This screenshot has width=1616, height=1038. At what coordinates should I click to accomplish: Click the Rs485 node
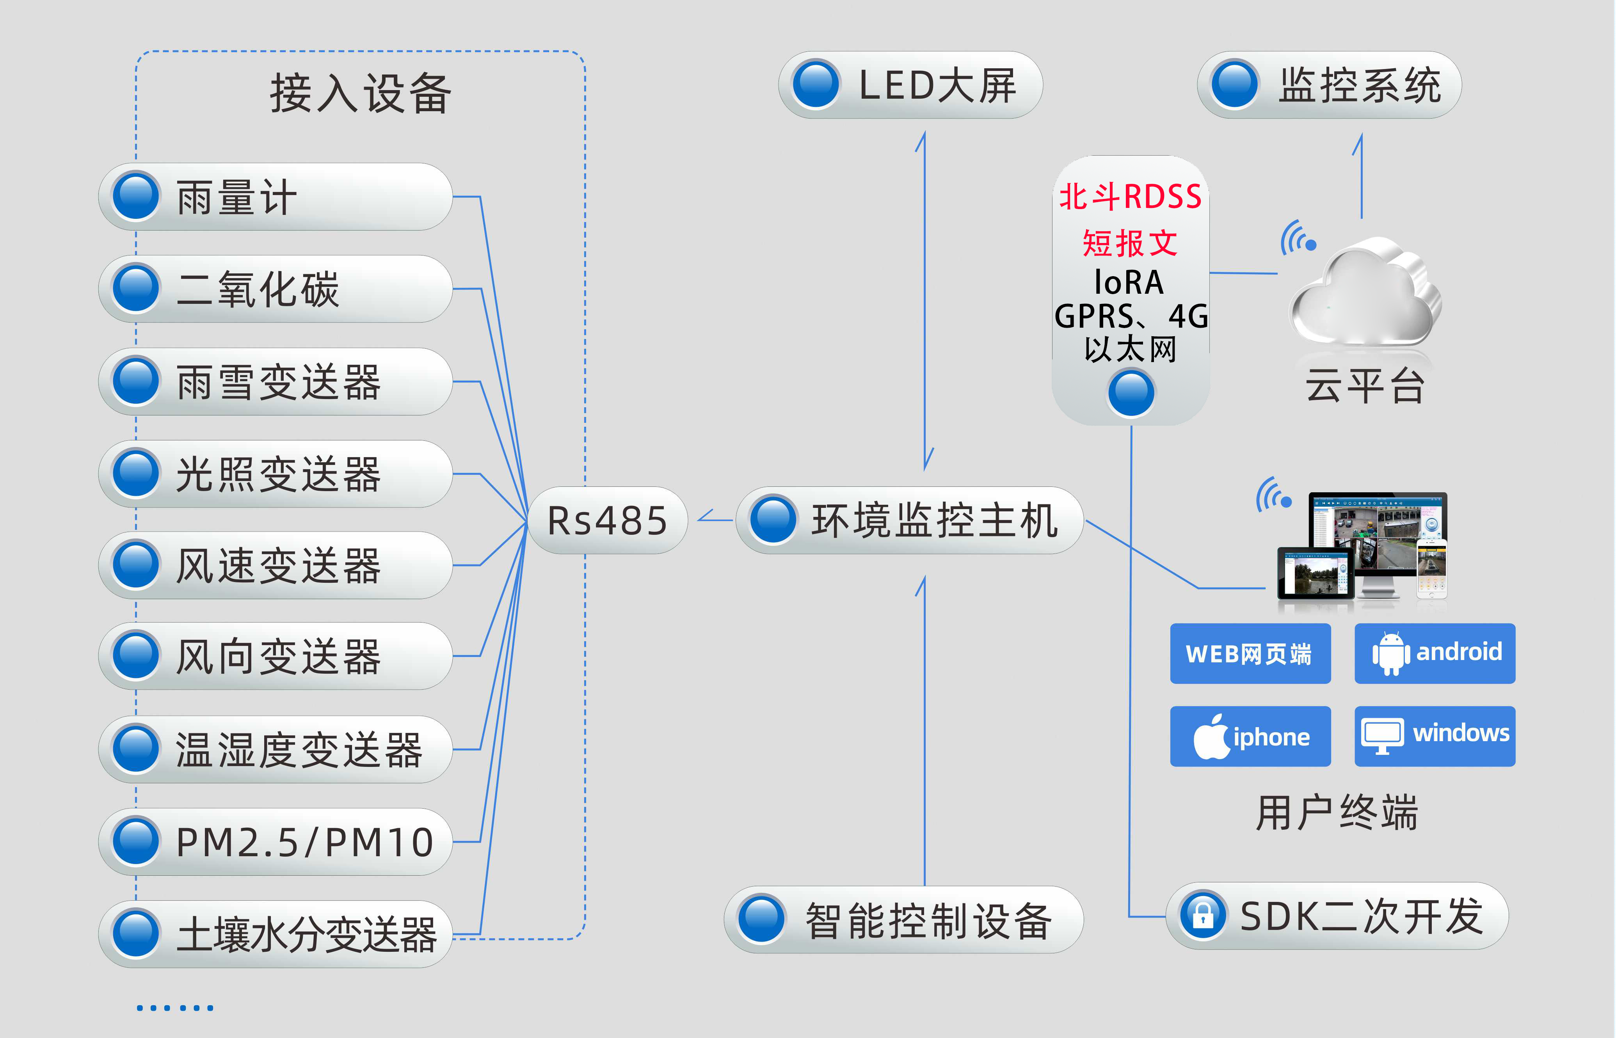point(607,520)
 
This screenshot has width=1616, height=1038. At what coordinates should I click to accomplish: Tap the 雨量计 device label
point(236,197)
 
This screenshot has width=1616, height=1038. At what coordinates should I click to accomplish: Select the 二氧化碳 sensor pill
point(275,289)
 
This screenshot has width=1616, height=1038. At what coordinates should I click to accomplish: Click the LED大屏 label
point(937,85)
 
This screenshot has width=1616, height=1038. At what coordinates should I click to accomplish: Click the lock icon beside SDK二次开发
point(1203,916)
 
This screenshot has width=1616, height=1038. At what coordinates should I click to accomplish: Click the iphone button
point(1250,736)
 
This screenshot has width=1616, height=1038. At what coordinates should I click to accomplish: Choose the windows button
point(1435,736)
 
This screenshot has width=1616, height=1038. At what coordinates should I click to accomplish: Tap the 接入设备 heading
point(361,93)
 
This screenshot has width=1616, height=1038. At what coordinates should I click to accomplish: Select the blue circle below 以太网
point(1131,392)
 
